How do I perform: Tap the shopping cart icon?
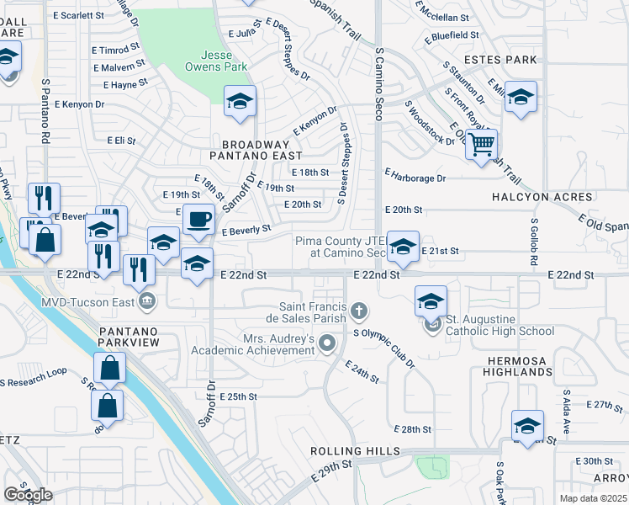tap(481, 145)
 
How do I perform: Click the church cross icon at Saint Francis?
tap(359, 312)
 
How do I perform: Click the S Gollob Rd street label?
tap(533, 242)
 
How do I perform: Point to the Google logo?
tap(28, 494)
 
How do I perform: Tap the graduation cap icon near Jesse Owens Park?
tap(240, 103)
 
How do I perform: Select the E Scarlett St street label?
tap(79, 15)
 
